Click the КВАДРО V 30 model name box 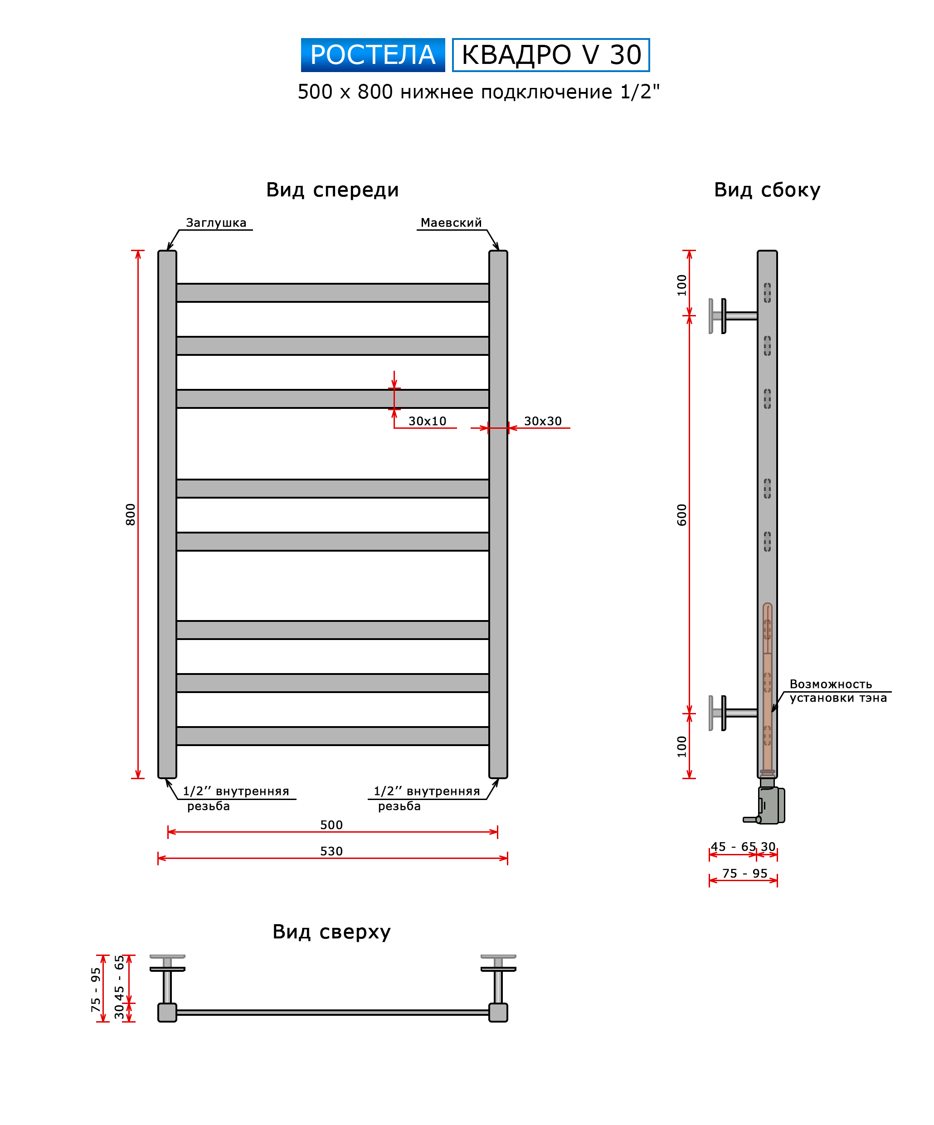pos(550,55)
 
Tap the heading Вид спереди pos(332,189)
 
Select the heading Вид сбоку pos(766,189)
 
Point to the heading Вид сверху pos(331,931)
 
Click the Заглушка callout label pos(216,223)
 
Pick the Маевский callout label pos(451,223)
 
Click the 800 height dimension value pos(130,514)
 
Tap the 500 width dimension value pos(331,825)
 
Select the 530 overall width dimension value pos(331,851)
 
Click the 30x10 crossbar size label pos(427,421)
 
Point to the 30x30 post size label pos(542,421)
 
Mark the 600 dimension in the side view pos(681,514)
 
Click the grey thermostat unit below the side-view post pos(769,805)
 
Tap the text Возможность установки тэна pos(837,691)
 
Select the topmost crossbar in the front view pos(332,292)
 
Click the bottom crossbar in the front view pos(332,736)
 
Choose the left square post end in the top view pos(167,1013)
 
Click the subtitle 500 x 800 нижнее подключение pos(478,92)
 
